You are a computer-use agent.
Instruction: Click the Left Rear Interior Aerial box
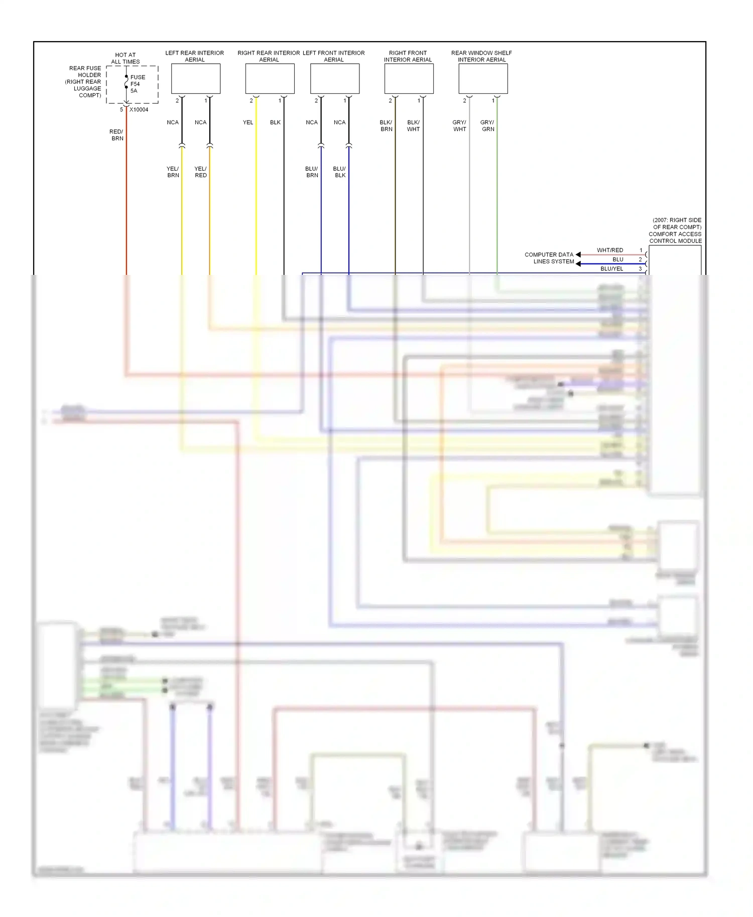196,78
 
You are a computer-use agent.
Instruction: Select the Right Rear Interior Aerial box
270,78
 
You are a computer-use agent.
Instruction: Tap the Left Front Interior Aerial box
335,78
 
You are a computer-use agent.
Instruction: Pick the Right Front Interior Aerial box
409,78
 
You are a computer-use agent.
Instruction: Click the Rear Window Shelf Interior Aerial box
483,78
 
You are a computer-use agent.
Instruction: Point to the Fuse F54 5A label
137,84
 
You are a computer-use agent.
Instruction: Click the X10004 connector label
139,109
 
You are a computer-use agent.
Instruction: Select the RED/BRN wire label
116,135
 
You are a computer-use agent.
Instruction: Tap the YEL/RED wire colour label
200,172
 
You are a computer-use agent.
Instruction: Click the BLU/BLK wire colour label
339,172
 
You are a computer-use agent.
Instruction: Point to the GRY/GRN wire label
487,126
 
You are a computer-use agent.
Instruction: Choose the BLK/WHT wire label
413,126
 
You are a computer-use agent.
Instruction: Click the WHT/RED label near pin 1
610,250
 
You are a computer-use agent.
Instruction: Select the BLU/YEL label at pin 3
612,268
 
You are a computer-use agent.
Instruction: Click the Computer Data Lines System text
549,258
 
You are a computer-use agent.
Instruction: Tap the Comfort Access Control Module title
675,237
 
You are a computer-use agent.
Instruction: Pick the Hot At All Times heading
125,58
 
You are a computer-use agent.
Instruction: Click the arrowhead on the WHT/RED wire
578,254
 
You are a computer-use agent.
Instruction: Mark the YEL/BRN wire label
173,172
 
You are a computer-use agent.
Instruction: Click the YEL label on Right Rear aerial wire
248,122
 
